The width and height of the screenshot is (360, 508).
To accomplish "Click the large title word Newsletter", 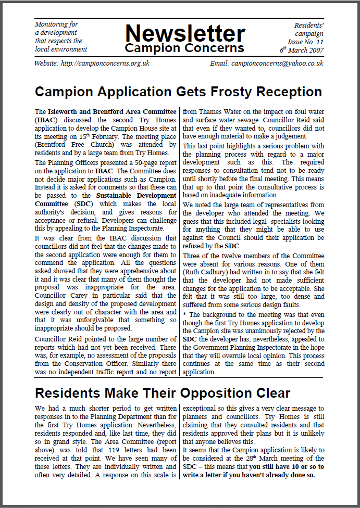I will [x=184, y=33].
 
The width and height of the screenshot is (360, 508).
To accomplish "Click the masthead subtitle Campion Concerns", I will [x=184, y=48].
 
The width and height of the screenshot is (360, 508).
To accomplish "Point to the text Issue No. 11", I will [x=305, y=41].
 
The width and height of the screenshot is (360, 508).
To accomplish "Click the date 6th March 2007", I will [x=302, y=50].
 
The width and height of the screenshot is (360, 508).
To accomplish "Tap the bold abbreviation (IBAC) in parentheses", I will [x=46, y=120].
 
